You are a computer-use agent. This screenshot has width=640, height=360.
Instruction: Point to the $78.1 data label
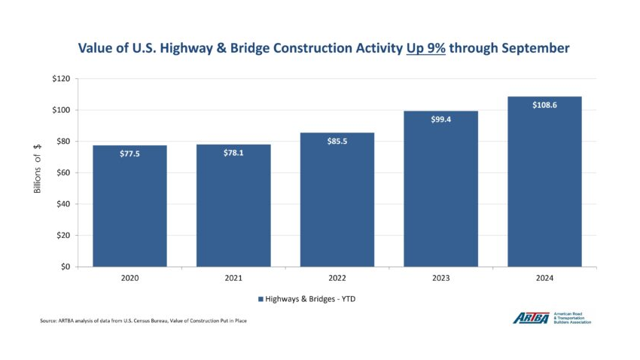(x=233, y=153)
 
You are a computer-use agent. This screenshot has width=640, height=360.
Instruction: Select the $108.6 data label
(x=544, y=105)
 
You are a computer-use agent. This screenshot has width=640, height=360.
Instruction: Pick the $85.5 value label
(x=337, y=142)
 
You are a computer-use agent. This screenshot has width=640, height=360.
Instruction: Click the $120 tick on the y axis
(x=61, y=79)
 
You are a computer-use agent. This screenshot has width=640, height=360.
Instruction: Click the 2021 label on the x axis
(x=233, y=279)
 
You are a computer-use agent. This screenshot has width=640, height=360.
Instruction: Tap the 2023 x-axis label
(x=441, y=279)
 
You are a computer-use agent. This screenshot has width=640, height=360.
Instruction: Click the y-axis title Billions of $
(x=37, y=172)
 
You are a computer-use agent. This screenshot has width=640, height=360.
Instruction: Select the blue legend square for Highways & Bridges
(x=261, y=299)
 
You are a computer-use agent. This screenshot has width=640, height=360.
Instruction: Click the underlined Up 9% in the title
(x=427, y=48)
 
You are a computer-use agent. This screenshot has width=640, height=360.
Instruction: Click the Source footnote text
(x=143, y=321)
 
